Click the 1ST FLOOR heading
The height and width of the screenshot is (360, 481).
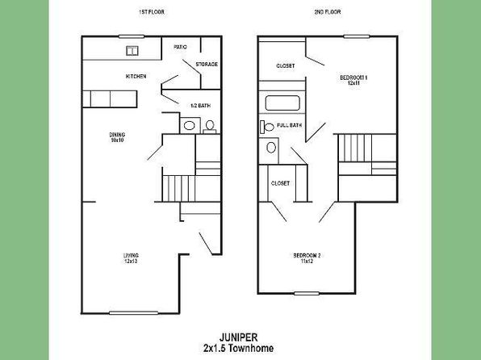coord(152,12)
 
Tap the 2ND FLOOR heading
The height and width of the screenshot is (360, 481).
coord(328,12)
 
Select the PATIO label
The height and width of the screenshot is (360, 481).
coord(180,47)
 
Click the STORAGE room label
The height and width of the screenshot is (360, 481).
coord(207,64)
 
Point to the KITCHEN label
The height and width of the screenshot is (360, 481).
coord(136,76)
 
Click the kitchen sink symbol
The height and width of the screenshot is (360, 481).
coord(132,51)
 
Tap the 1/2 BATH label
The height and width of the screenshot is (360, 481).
coord(200,106)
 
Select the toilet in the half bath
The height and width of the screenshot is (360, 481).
coord(210,127)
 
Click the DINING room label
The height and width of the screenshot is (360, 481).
coord(117,137)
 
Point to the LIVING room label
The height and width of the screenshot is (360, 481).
coord(131,258)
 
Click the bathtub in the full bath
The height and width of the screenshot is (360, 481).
coord(282,103)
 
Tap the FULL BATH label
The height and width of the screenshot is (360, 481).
coord(289,125)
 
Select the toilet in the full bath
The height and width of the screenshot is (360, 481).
coord(266,127)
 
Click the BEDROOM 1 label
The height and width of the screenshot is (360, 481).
coord(353,80)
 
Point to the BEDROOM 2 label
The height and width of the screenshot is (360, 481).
coord(307,258)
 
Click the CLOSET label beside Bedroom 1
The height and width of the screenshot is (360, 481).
coord(286,66)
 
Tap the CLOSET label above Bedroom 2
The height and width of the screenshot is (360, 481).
coord(280,183)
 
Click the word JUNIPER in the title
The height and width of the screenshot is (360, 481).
coord(238,337)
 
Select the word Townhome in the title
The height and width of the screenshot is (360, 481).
coord(251,349)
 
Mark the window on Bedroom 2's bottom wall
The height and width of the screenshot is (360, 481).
coord(307,294)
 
